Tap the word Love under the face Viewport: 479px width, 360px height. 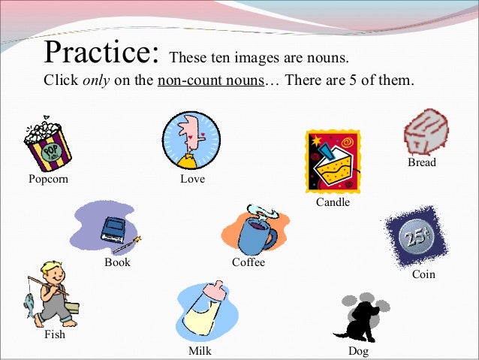[x=192, y=180]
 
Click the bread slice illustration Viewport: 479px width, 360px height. [x=426, y=132]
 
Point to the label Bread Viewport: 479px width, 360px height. [x=422, y=162]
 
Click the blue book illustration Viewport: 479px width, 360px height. [x=115, y=228]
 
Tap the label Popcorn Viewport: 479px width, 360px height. [x=48, y=180]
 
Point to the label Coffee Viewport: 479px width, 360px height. [x=248, y=263]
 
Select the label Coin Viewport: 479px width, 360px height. [x=423, y=275]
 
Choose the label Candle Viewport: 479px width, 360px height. [x=333, y=202]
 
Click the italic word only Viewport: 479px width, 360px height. [x=96, y=80]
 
